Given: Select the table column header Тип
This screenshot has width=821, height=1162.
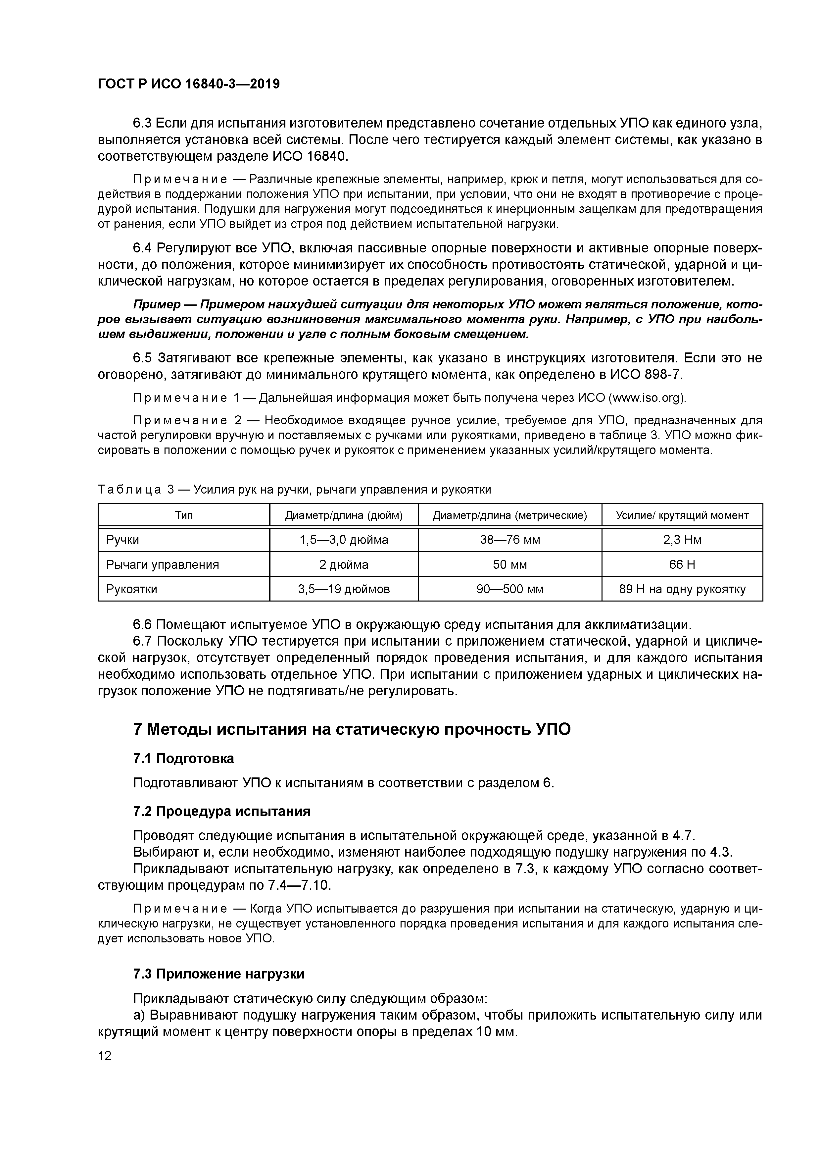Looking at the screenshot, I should coord(184,515).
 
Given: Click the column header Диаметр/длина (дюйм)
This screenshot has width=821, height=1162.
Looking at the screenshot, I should coord(344,515).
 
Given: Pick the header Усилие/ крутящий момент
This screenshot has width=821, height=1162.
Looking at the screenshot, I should coord(682,515).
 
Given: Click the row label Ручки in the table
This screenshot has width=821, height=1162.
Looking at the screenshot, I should coord(122,540).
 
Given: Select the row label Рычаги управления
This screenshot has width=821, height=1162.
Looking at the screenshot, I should coord(162,564).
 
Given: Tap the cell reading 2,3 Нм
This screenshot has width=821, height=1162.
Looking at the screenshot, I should coord(682,540).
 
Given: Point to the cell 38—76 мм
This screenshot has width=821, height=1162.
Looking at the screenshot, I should coord(510,540).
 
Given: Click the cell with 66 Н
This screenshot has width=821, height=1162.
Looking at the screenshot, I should coord(682,564).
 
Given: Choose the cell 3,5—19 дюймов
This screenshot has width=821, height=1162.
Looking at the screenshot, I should coord(344,589).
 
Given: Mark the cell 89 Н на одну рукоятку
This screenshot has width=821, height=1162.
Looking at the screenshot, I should coord(682,589).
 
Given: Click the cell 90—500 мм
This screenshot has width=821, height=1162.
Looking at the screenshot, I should coord(510,589).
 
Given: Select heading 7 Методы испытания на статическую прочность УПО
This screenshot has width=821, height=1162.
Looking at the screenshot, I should coord(352,729).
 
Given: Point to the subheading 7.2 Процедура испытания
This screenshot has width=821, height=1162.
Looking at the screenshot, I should coord(221,811).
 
